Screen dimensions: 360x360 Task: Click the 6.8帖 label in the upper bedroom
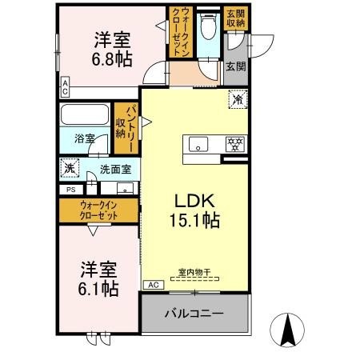(113, 58)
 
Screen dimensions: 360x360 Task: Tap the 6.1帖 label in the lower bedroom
(98, 287)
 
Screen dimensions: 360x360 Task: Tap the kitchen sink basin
(197, 144)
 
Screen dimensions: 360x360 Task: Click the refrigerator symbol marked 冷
(238, 101)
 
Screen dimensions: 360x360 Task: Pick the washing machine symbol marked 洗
(70, 169)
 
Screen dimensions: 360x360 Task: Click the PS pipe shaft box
(70, 190)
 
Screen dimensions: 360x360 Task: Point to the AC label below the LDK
(151, 285)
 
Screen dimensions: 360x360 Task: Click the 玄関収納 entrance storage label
(235, 18)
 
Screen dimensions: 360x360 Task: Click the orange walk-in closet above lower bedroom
(98, 211)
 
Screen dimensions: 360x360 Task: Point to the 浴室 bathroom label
(85, 137)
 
